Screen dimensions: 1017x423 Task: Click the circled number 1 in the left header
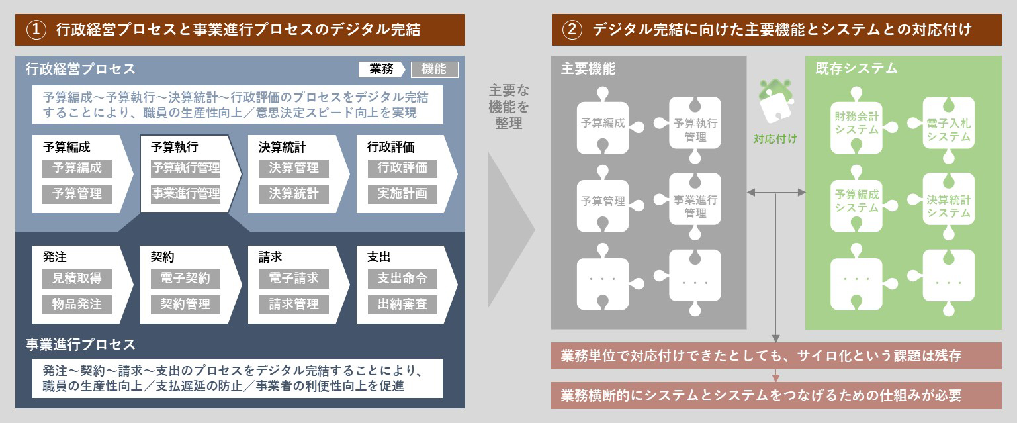36,30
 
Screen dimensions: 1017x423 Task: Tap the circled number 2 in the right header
572,30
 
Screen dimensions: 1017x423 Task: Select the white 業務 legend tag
381,69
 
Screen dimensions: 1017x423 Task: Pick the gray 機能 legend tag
435,70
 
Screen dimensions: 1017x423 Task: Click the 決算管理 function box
294,168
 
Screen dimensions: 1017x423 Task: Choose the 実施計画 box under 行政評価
402,194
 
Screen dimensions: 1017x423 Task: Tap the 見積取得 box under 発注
77,279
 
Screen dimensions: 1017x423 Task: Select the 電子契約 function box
185,279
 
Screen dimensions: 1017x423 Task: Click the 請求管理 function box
294,305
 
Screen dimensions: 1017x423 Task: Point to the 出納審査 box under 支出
402,305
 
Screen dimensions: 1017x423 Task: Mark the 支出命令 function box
402,279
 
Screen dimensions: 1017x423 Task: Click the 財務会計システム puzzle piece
857,124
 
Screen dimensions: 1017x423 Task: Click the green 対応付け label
775,138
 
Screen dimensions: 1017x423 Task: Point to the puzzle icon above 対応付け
776,101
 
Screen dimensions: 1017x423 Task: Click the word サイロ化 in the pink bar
823,355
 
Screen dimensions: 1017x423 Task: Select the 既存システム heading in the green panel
856,68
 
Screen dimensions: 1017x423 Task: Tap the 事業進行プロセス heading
80,344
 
